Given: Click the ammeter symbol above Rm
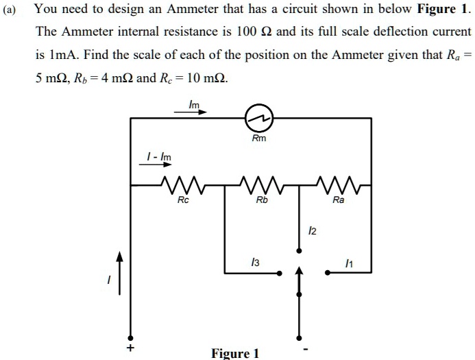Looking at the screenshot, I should coord(260,119).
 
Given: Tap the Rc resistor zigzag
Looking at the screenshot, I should coord(182,184).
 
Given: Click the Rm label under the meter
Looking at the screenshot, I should coord(259,139).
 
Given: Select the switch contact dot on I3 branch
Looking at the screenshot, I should coord(280,273).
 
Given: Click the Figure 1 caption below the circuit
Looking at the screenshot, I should coord(236,353).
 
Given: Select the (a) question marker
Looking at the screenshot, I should coord(12,10).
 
